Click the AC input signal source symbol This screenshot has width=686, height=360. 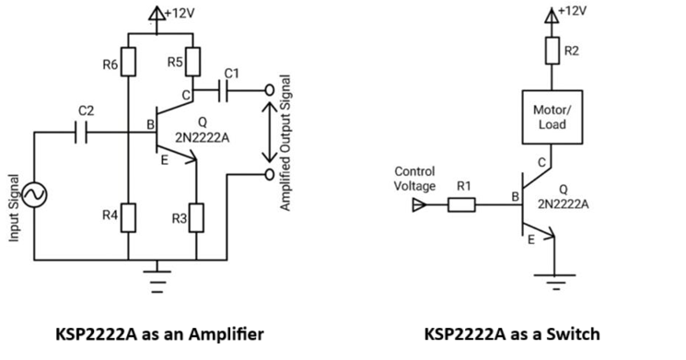click(34, 194)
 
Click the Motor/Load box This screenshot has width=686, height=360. click(552, 117)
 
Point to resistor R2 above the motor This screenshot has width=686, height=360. click(552, 49)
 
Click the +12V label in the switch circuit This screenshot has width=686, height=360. click(574, 10)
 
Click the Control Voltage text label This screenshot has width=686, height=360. click(414, 180)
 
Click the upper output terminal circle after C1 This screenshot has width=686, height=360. click(269, 90)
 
